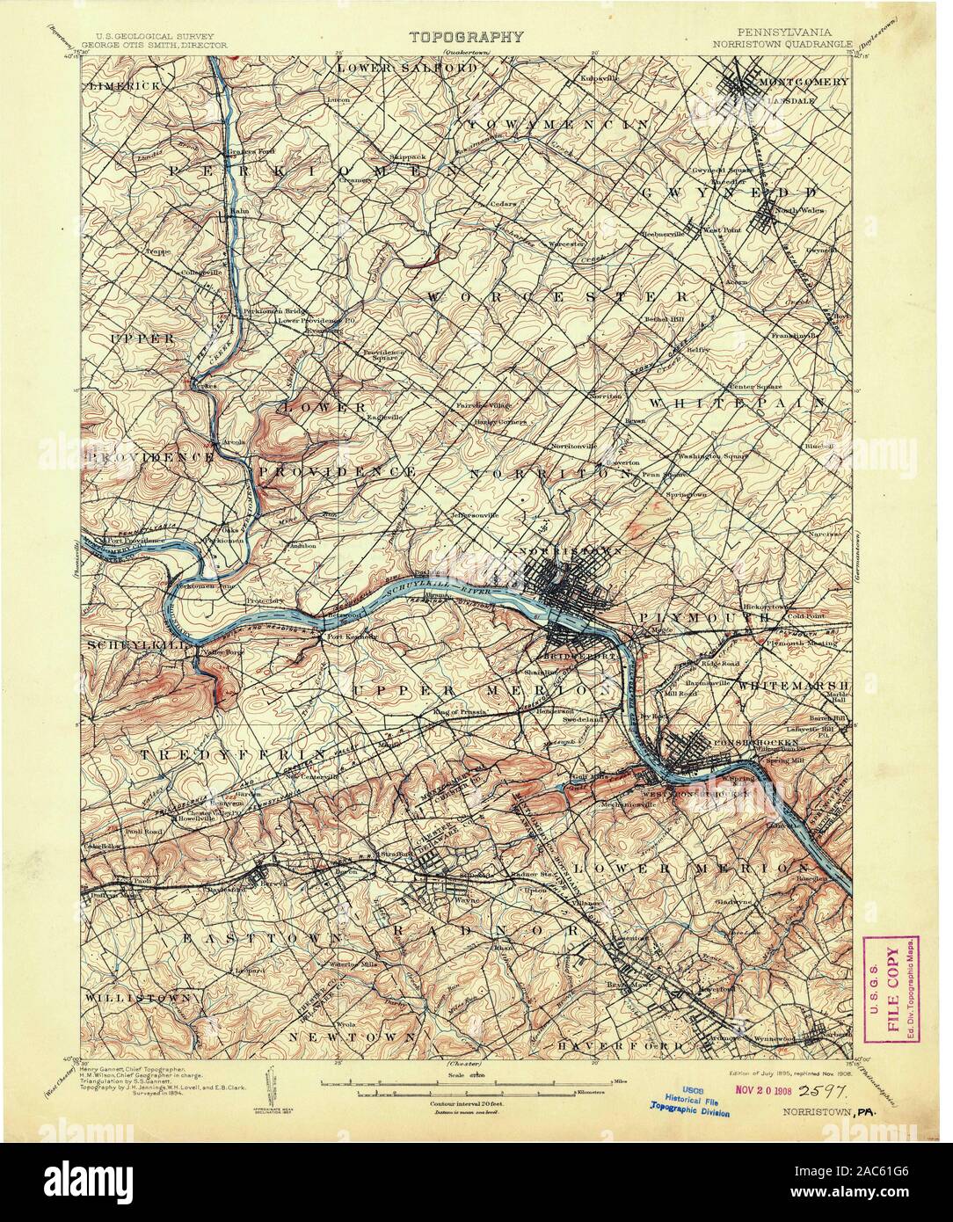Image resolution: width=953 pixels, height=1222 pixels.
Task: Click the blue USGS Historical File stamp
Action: (691, 1096)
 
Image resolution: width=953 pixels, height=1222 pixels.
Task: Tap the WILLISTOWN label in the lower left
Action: (140, 999)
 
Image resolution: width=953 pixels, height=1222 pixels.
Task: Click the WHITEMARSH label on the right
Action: (792, 685)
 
